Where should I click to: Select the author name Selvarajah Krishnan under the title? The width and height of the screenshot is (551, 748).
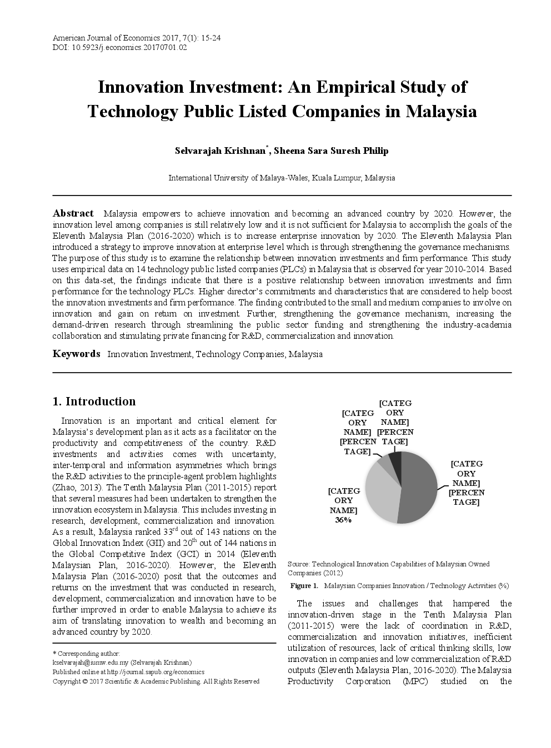point(221,151)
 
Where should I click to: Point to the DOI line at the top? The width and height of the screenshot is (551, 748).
point(119,47)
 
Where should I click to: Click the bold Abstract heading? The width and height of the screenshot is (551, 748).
point(73,213)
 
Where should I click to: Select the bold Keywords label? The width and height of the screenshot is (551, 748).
point(76,354)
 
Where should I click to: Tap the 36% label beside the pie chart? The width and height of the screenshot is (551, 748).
point(343,520)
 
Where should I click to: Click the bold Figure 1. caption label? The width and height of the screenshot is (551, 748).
point(304,586)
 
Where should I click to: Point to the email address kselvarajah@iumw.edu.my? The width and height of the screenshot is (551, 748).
point(91,662)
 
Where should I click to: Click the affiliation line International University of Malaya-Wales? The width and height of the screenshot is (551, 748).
point(282,178)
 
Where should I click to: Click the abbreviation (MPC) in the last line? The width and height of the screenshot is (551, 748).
point(415,681)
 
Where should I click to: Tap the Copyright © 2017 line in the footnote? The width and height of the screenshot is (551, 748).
point(156,681)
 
